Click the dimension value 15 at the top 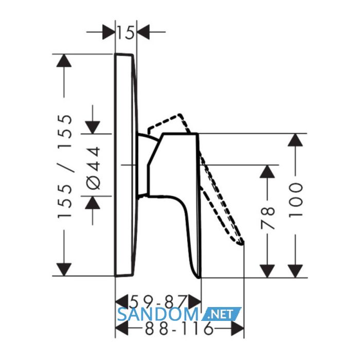(125, 32)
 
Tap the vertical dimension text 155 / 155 (65, 167)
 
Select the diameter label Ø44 (94, 168)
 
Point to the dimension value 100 (295, 200)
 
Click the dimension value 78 (267, 218)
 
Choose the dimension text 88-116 (179, 328)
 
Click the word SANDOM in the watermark (158, 314)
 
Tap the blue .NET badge (221, 314)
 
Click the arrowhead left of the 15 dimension (109, 32)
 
